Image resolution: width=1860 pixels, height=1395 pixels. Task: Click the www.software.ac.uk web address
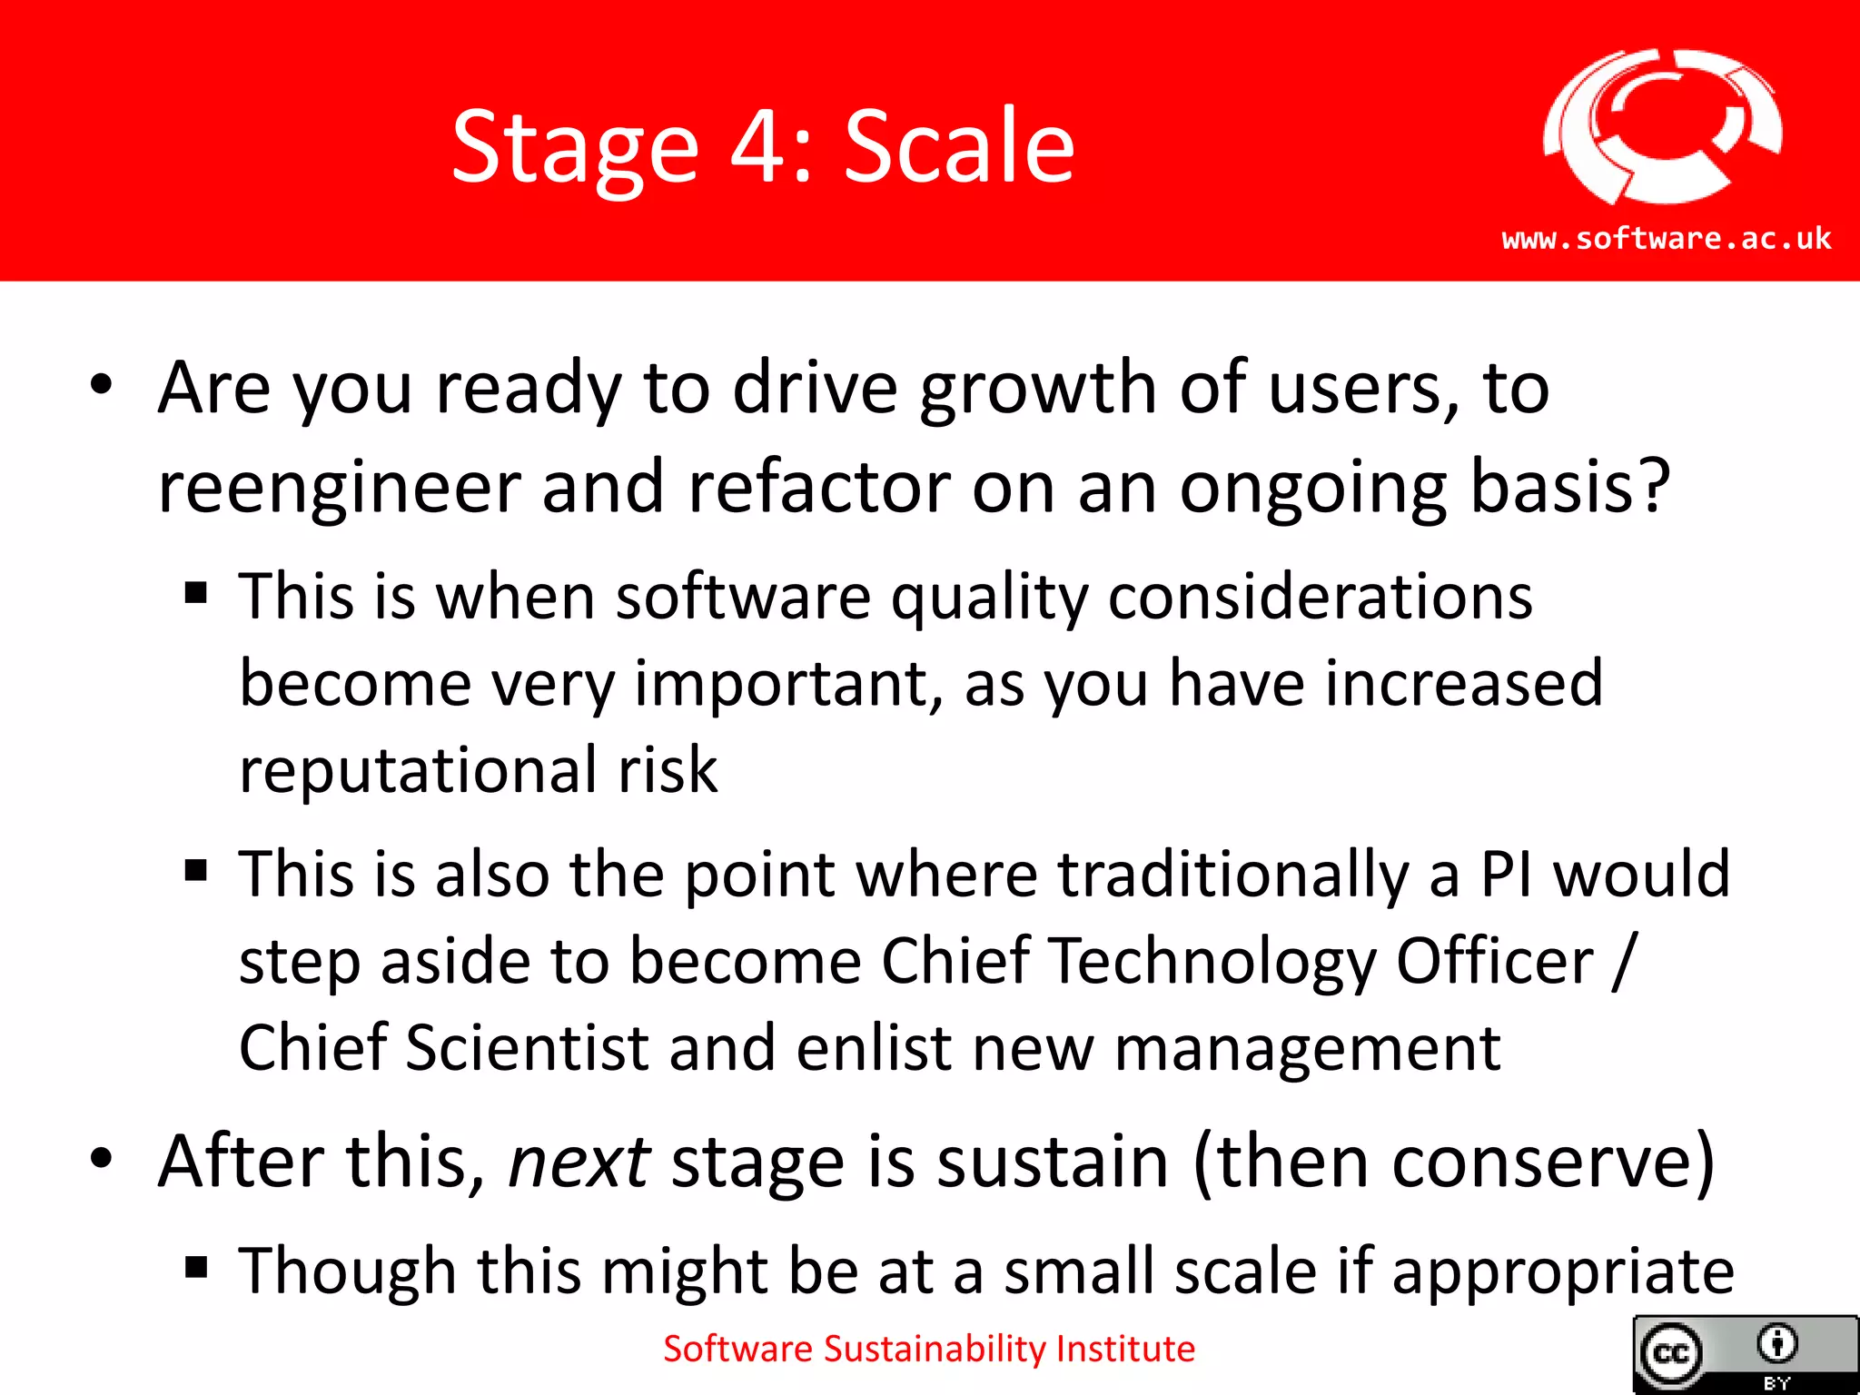click(1667, 239)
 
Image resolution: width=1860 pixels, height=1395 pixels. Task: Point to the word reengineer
click(338, 488)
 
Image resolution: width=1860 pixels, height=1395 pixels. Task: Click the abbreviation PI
click(1508, 875)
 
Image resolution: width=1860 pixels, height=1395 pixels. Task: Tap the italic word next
click(579, 1162)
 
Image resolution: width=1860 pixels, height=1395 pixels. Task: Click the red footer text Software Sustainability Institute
click(928, 1350)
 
